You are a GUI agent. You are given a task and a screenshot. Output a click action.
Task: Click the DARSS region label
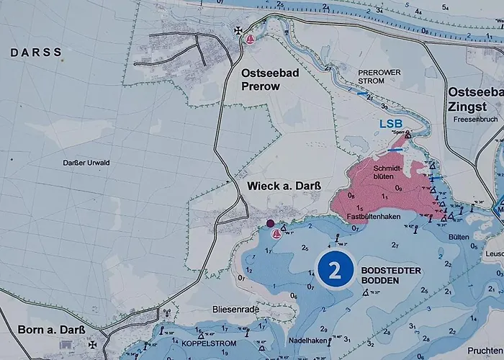tap(36, 53)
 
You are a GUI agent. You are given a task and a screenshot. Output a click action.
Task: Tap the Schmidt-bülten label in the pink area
tap(386, 171)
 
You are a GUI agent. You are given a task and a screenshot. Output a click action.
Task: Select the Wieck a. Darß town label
tap(284, 186)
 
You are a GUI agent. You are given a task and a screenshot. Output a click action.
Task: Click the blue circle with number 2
tap(334, 270)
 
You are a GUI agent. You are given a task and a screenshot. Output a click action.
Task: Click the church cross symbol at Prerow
tap(238, 30)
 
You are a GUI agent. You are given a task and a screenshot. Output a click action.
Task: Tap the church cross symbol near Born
tap(91, 345)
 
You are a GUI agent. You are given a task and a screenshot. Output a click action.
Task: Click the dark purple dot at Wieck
tap(270, 223)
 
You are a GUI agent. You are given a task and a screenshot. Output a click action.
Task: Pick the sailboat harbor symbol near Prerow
tap(251, 39)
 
